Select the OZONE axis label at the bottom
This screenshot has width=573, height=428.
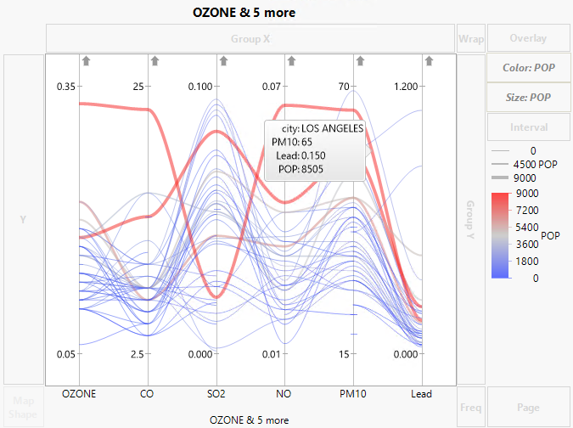[x=80, y=394]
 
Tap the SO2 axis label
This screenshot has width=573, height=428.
[x=216, y=394]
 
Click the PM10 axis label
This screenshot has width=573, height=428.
[x=353, y=394]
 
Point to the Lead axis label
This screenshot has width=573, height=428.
[x=421, y=394]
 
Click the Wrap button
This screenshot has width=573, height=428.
[x=470, y=39]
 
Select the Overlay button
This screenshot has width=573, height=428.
[x=528, y=39]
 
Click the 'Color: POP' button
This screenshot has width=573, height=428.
[x=528, y=68]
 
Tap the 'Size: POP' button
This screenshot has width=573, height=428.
[x=528, y=98]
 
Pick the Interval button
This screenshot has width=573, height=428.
[x=528, y=127]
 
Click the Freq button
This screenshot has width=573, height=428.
[x=470, y=408]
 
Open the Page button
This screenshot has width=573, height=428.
[x=528, y=408]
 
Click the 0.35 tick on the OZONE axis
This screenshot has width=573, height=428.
[x=65, y=87]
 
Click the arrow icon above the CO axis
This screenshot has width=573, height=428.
[x=154, y=60]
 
